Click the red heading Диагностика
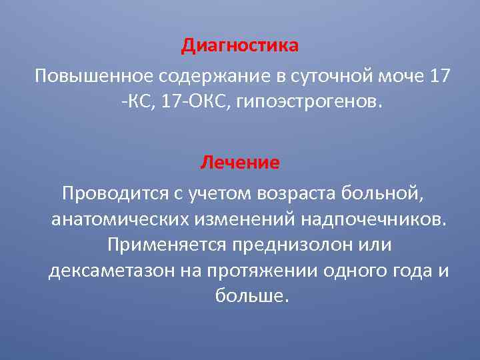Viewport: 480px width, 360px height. pyautogui.click(x=240, y=47)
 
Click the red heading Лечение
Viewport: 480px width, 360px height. pyautogui.click(x=240, y=162)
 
